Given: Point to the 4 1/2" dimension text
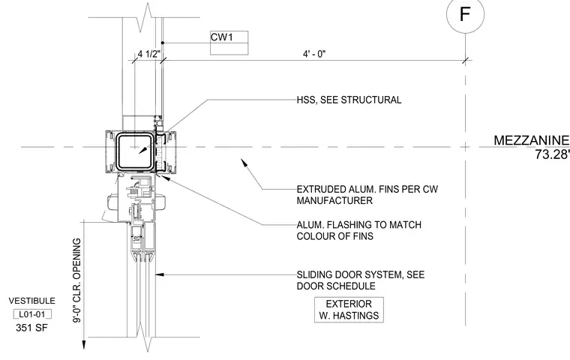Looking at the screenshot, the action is pyautogui.click(x=149, y=54).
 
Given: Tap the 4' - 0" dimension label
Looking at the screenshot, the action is pyautogui.click(x=314, y=54).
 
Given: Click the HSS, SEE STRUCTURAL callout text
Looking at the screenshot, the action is pyautogui.click(x=349, y=100).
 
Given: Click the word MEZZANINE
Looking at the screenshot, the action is pyautogui.click(x=532, y=140).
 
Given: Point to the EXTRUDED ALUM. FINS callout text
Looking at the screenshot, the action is pyautogui.click(x=367, y=195).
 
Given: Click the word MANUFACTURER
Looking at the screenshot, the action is pyautogui.click(x=334, y=201).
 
